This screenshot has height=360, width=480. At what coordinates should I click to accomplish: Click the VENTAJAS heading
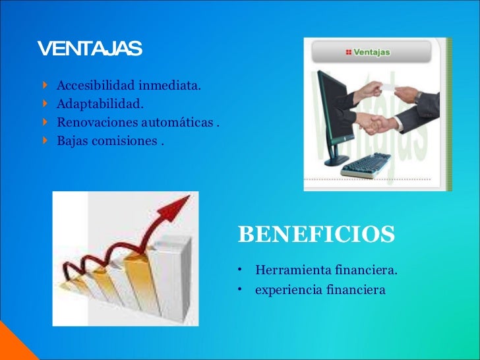tap(90, 49)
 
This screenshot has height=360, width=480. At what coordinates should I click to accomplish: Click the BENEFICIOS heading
tap(316, 234)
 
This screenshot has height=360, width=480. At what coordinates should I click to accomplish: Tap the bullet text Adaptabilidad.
tap(99, 104)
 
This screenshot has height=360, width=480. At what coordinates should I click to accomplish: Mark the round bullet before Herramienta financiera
tap(241, 270)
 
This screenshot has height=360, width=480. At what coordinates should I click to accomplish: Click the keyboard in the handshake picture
tap(367, 165)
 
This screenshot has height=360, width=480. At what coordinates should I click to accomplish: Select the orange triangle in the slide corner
tap(8, 346)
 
